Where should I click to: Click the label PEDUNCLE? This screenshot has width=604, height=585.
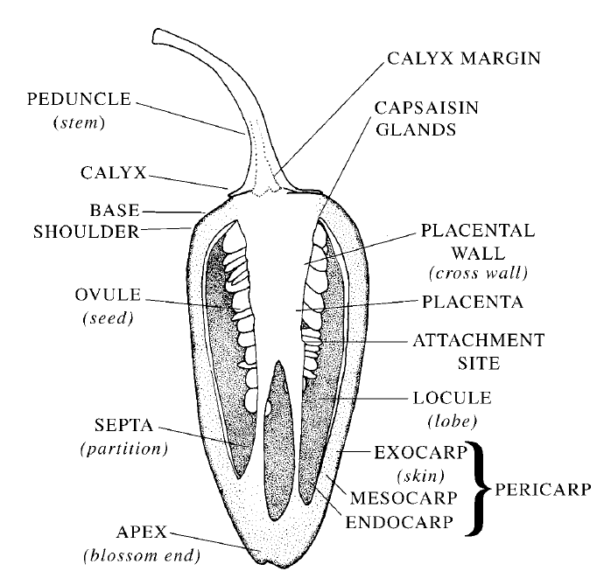(79, 100)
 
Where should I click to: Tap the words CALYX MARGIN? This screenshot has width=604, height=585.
(464, 59)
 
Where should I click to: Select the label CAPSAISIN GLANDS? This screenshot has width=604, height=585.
(426, 119)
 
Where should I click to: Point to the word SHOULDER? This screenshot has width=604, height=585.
(87, 232)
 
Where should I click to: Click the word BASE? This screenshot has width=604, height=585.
(115, 211)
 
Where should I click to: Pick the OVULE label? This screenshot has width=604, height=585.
(108, 295)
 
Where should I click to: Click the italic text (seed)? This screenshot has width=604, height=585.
(109, 318)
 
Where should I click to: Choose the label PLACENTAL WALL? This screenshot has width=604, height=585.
(478, 241)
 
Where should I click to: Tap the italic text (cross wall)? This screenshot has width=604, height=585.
(478, 273)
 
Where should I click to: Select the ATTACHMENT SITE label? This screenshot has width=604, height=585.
(479, 352)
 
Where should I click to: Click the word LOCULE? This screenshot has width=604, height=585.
(453, 398)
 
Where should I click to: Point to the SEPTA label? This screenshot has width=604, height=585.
(123, 425)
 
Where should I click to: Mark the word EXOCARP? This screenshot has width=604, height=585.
(421, 453)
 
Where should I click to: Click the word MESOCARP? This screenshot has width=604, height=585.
(404, 498)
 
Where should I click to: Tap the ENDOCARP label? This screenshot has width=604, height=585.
(399, 522)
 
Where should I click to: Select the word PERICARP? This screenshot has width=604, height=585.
(543, 490)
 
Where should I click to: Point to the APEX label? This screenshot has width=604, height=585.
(142, 533)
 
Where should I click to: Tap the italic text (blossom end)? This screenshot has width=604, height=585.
(142, 556)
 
